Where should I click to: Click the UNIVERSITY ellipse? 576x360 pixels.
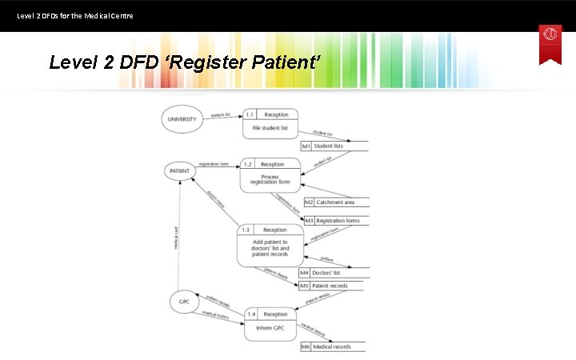[182, 120]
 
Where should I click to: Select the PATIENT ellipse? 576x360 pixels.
[182, 170]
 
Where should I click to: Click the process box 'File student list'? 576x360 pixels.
[270, 123]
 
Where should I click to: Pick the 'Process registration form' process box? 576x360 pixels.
[270, 175]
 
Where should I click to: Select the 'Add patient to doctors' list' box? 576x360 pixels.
[270, 246]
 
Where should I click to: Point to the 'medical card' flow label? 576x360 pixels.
[177, 237]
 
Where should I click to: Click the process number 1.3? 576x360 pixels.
[246, 230]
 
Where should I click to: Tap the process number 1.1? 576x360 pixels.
[250, 114]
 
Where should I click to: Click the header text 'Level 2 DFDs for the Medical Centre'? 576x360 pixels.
[75, 15]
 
